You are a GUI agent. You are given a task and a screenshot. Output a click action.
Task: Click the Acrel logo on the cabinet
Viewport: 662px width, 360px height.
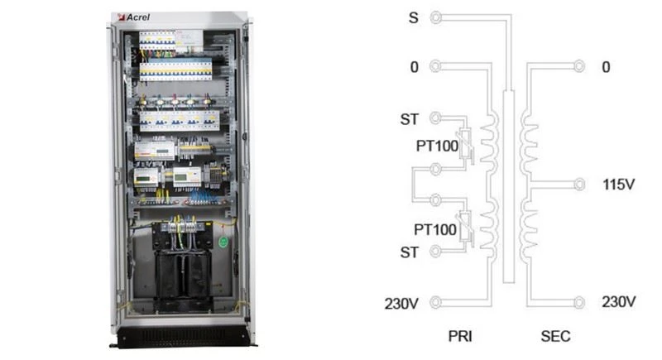(134, 17)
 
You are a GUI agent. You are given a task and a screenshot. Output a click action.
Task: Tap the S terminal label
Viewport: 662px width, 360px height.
(414, 18)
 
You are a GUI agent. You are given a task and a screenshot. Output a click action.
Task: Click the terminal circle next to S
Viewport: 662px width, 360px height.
(436, 17)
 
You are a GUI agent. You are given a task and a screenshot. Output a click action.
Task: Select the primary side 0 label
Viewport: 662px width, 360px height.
(415, 67)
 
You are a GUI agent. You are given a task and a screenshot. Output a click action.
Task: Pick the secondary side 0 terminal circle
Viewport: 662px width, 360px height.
(578, 66)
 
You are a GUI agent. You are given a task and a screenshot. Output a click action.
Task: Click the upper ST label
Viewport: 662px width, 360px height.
(409, 119)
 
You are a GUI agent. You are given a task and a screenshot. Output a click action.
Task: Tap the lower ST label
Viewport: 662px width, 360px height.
(409, 252)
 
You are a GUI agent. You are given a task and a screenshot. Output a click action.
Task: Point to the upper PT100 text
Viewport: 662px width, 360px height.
(437, 146)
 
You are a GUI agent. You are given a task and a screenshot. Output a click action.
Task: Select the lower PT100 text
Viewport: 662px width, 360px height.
(435, 229)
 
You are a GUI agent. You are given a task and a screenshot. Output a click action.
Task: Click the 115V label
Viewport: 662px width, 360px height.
(618, 185)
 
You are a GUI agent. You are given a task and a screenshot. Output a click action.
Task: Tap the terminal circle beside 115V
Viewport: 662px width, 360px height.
(578, 185)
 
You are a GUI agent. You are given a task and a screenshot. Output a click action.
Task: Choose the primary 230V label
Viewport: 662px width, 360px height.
(401, 304)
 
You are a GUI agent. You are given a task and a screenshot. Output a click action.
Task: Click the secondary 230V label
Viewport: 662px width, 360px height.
(618, 302)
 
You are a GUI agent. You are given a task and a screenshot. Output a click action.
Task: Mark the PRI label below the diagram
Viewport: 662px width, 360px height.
(460, 336)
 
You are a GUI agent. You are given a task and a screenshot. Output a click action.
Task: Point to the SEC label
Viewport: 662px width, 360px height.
(555, 336)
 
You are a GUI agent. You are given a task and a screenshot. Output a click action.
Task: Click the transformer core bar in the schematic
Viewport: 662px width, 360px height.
(509, 186)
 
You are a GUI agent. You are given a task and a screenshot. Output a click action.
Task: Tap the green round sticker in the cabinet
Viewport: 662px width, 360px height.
(223, 242)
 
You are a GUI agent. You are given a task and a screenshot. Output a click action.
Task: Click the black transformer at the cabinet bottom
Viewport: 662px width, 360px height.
(182, 274)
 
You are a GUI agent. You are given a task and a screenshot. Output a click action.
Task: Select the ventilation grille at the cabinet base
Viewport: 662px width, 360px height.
(182, 337)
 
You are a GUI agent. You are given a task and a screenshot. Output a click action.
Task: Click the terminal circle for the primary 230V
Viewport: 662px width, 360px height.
(436, 302)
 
